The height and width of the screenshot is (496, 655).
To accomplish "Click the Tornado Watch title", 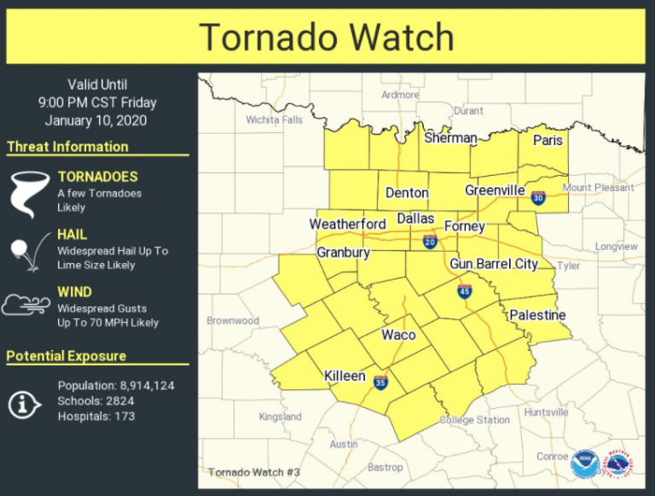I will pos(326,37).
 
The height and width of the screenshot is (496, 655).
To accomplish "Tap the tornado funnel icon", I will pos(27,194).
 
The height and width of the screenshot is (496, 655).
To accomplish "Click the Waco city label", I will pos(397,334).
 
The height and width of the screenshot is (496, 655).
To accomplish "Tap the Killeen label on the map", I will pos(345,376).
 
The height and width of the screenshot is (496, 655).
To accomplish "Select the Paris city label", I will pos(548,141).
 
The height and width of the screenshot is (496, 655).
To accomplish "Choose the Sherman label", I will pos(450,137).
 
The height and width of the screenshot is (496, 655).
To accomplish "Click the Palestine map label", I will pos(537,315).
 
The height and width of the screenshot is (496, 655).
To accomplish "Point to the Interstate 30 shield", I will pos(537,197).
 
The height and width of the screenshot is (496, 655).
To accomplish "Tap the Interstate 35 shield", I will pos(380,382).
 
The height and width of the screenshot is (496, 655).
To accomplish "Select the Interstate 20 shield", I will pos(429,242).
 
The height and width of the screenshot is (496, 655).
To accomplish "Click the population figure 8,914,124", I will pos(140,386).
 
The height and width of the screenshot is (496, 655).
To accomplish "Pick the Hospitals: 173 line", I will pos(96,417).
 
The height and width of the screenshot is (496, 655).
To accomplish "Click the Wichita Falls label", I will pos(274,120).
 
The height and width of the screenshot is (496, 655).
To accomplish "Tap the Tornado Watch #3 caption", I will pos(254,472).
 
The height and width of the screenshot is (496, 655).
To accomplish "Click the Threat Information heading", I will pos(67,147).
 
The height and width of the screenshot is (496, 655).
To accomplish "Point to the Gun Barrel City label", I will pos(494,264).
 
